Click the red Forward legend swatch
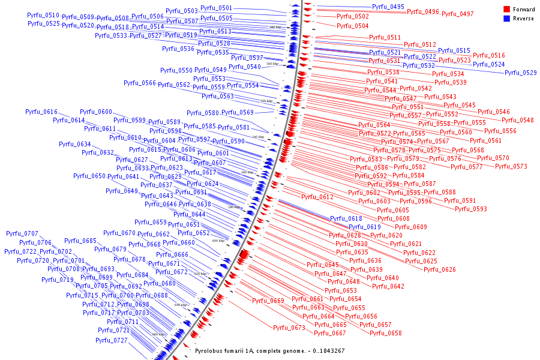coord(506,9)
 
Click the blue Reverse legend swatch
coord(506,19)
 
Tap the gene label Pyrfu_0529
coord(520,73)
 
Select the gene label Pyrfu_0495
coord(388,7)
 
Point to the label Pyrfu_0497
coord(457,14)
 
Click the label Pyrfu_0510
coord(43,16)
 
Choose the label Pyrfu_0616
coord(41,112)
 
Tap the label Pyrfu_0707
coord(22,234)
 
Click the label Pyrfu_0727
coord(111,341)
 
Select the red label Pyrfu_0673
coord(289,328)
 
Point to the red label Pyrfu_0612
coord(317,197)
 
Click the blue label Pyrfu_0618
coord(346,219)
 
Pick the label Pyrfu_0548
coord(518,121)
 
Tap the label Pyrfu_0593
coord(470,209)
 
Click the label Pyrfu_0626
coord(439,270)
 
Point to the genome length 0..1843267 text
coord(324,350)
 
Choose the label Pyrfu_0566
coord(140,83)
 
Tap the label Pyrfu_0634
coord(75,145)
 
